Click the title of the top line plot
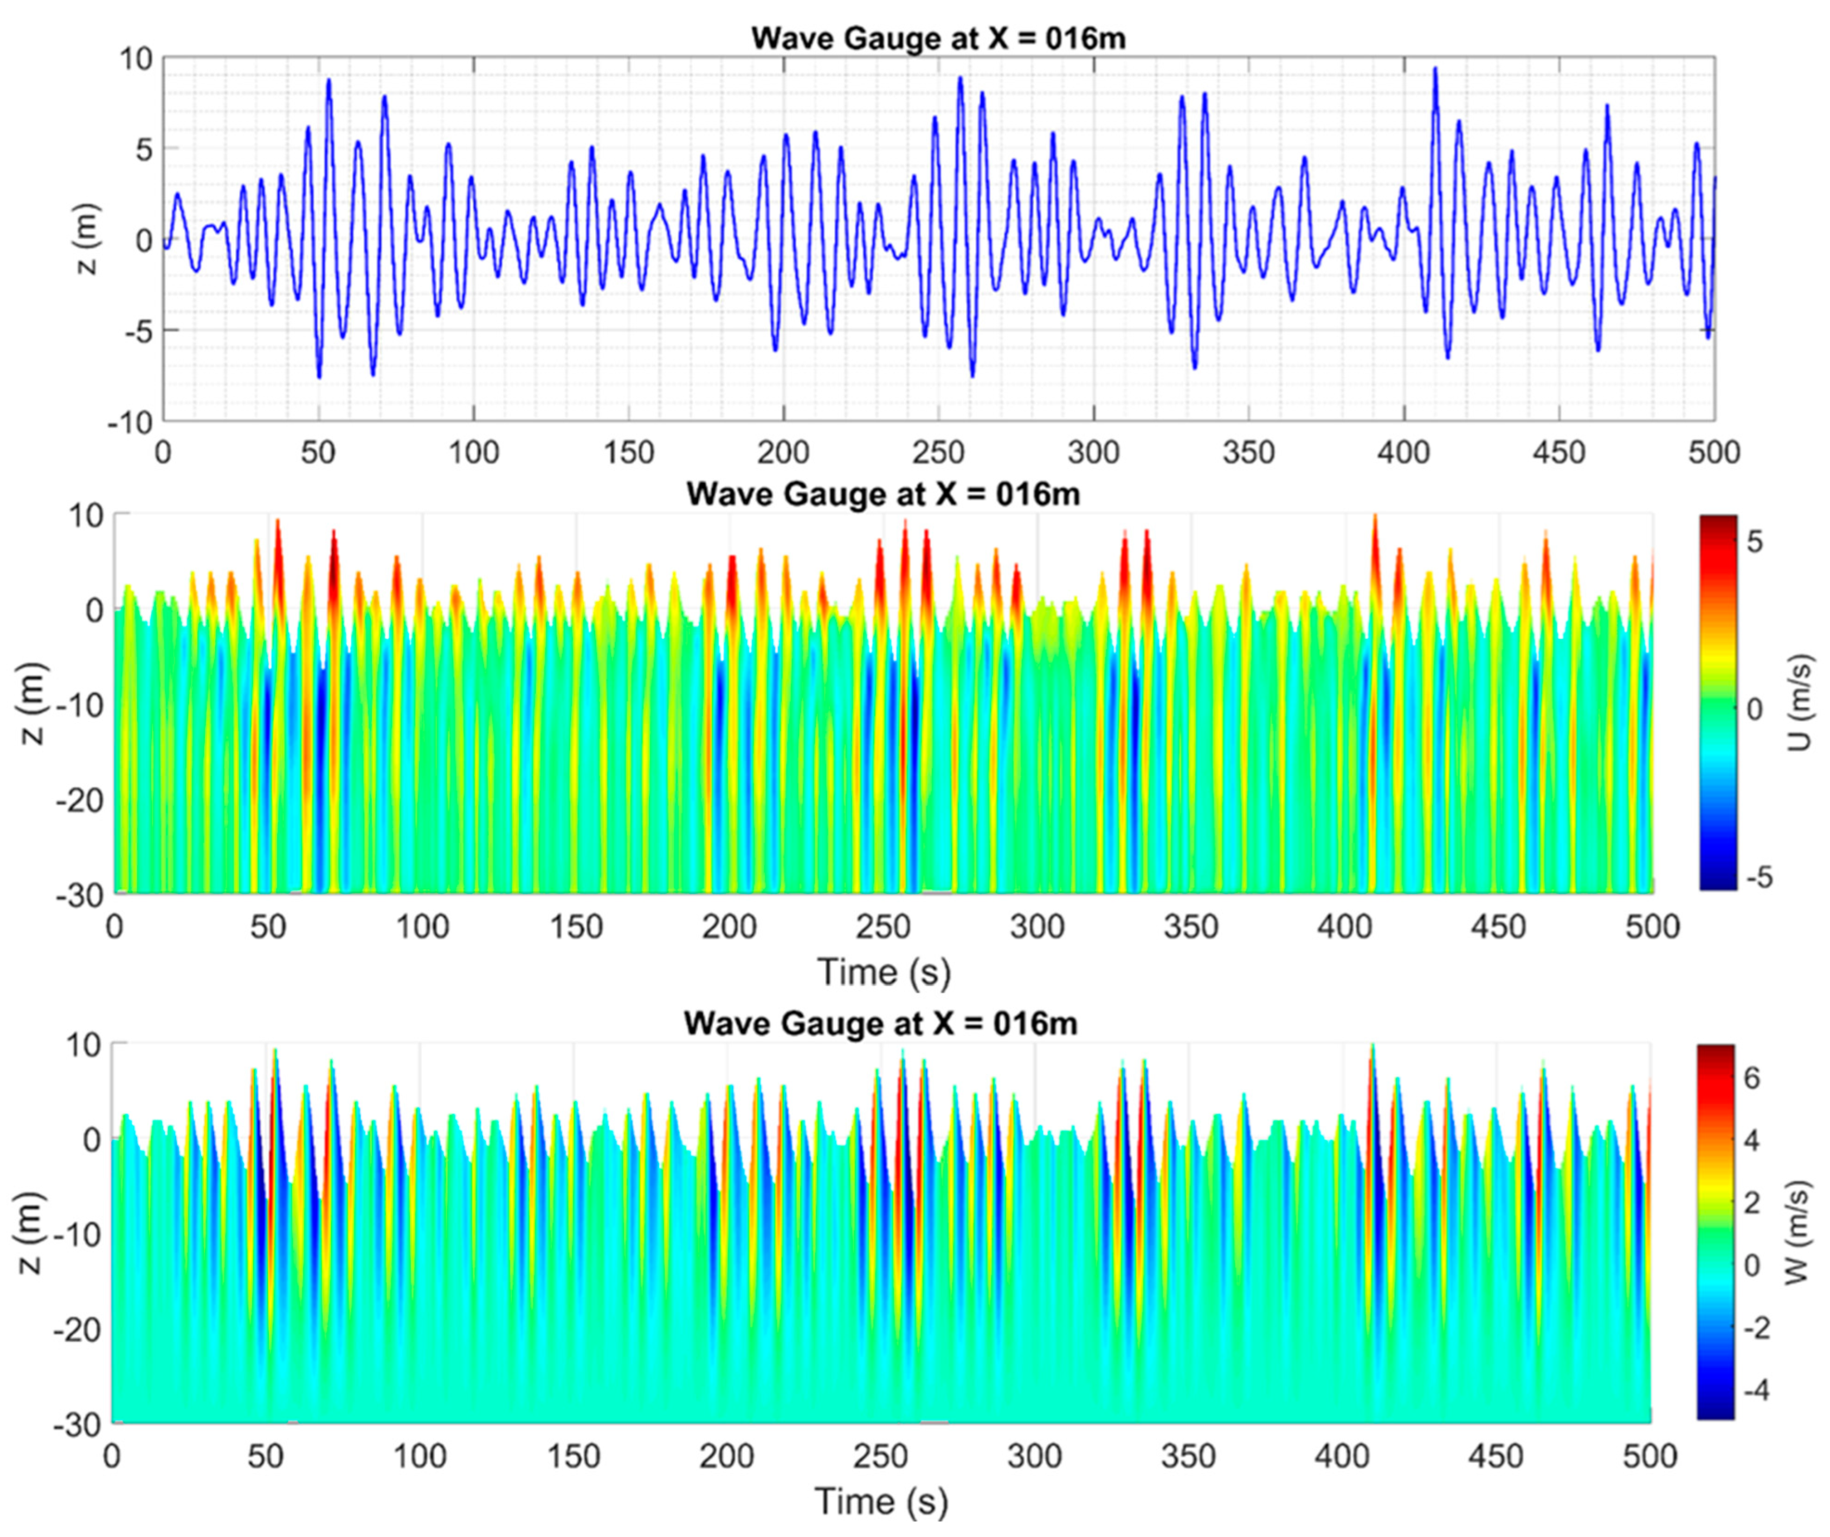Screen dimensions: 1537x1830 click(938, 39)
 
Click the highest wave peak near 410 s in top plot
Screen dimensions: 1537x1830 click(1434, 70)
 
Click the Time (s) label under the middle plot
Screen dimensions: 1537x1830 click(883, 972)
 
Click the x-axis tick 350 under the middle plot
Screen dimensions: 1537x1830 click(1190, 926)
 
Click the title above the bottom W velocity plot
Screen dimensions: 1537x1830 click(880, 1022)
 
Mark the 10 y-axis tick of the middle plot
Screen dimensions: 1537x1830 click(86, 516)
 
